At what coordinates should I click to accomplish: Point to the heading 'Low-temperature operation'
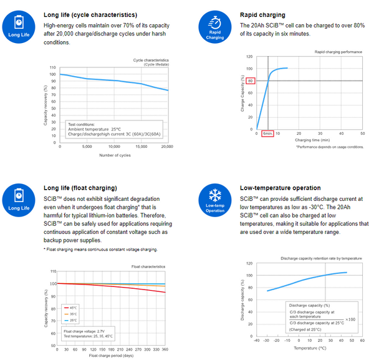coord(280,188)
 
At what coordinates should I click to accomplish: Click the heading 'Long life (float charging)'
coord(80,188)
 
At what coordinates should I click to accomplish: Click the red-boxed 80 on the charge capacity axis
coord(250,80)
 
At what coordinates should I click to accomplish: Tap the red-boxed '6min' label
coord(267,133)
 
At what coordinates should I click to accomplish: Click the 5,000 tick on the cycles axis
coord(87,147)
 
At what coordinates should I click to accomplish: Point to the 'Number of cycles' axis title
coord(112,155)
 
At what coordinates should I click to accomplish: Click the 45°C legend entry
coord(74,308)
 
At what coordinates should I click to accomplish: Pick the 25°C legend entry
coord(74,320)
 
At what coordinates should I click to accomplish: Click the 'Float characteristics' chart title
coord(147,266)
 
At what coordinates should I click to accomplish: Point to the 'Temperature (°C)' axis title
coord(310,348)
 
